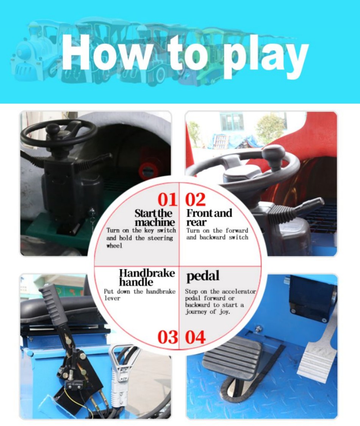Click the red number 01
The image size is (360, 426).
click(167, 200)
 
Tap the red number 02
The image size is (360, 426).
click(196, 200)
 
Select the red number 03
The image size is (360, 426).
click(167, 337)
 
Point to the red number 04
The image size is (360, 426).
click(196, 337)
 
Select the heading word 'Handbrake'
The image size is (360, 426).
click(147, 273)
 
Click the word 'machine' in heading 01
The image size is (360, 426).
click(155, 222)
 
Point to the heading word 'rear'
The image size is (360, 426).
click(196, 222)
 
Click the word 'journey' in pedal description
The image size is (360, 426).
click(196, 312)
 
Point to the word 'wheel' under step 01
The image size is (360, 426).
click(114, 246)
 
